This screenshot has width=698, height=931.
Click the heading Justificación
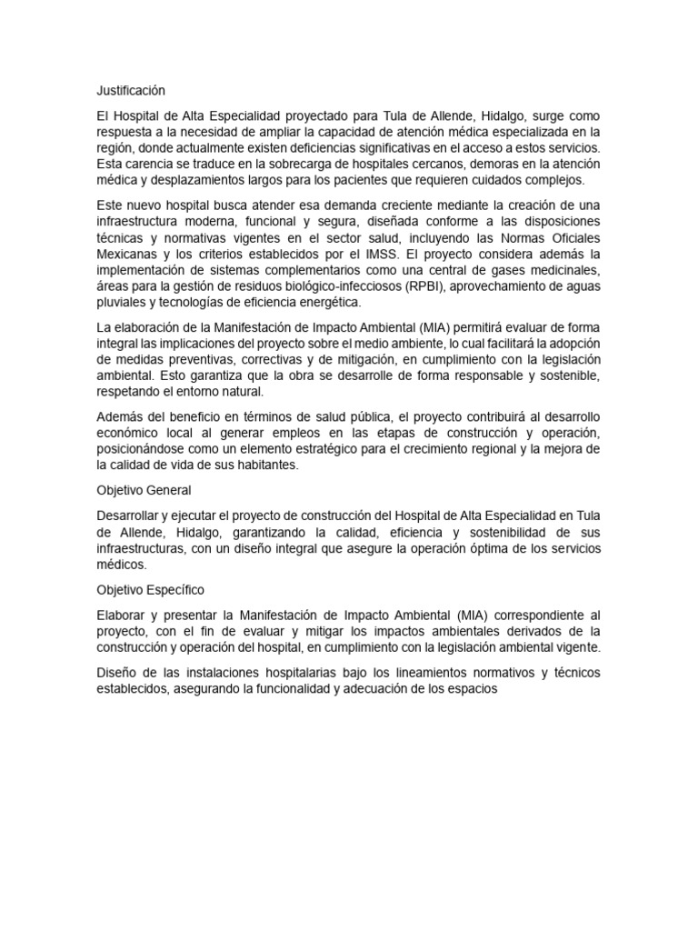coord(132,91)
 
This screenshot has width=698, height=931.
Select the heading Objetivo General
coord(144,490)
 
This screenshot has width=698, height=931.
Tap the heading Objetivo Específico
coord(150,590)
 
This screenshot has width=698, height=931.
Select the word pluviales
coord(121,303)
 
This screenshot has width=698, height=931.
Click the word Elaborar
coord(124,616)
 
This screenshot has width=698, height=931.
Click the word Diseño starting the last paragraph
coord(116,674)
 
